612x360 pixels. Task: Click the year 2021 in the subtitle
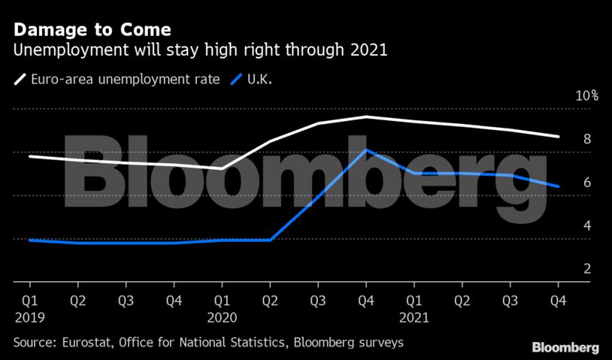(x=369, y=52)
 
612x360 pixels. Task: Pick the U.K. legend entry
(x=256, y=77)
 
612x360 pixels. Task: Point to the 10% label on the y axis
(x=586, y=95)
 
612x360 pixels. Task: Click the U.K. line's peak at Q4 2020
(x=366, y=150)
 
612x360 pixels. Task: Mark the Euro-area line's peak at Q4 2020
(x=366, y=116)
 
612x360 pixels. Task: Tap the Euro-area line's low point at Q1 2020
(x=222, y=168)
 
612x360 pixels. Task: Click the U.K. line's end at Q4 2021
(x=558, y=186)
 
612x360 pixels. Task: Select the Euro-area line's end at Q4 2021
(x=558, y=137)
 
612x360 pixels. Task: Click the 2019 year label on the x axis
(x=29, y=318)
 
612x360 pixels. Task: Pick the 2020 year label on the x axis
(x=223, y=318)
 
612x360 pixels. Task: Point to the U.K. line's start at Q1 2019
(x=29, y=240)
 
